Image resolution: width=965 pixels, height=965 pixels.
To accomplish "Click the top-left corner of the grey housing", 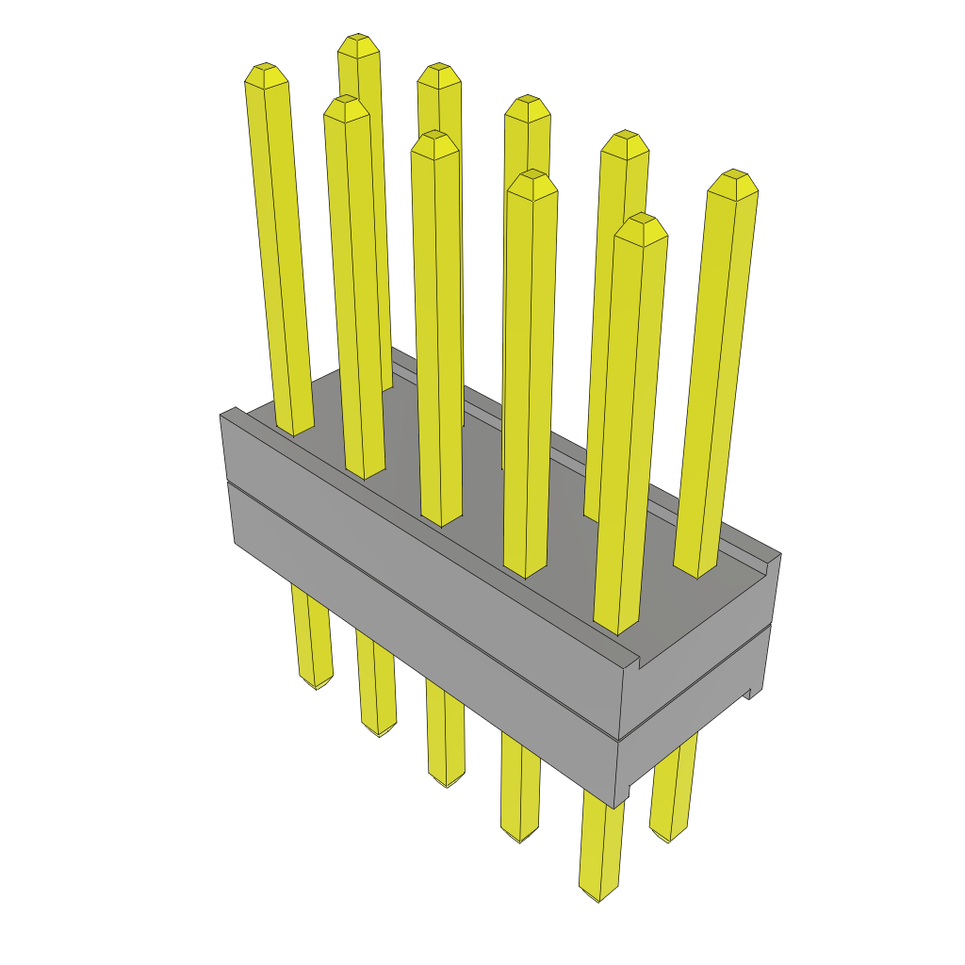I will pos(222,415).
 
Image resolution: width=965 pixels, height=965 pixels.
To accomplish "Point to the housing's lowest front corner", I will pos(614,807).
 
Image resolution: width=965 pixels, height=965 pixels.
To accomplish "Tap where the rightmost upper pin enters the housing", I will pos(697,570).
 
